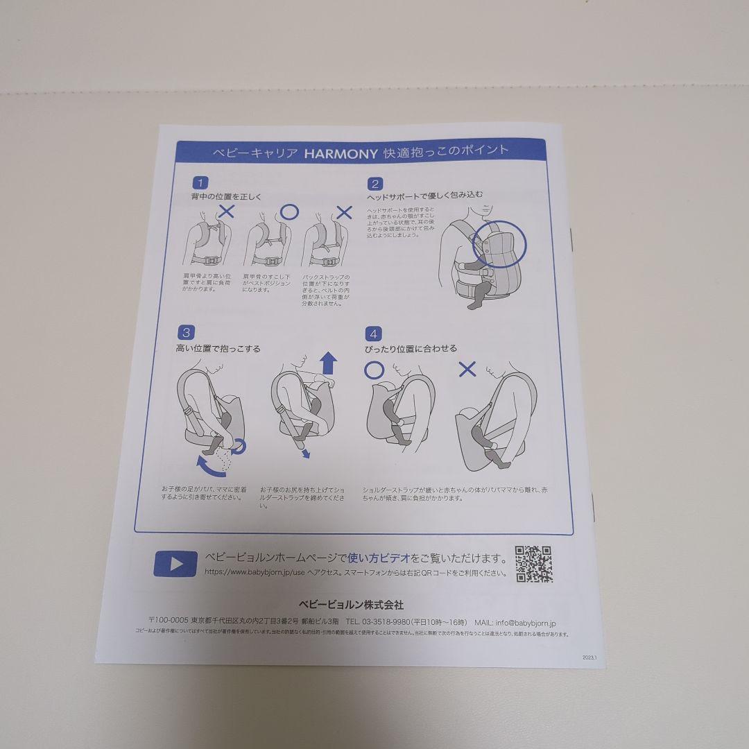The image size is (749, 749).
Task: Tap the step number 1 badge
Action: [200, 183]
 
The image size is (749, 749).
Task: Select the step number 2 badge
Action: [375, 184]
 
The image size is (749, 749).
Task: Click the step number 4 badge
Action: [374, 333]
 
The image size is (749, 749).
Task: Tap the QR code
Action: [533, 564]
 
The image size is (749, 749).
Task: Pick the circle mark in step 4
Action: [374, 370]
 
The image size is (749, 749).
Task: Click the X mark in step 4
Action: [468, 369]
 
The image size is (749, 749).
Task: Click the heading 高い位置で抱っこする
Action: [218, 349]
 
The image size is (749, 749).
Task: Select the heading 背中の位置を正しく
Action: [226, 198]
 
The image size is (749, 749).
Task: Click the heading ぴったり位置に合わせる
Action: [411, 349]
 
